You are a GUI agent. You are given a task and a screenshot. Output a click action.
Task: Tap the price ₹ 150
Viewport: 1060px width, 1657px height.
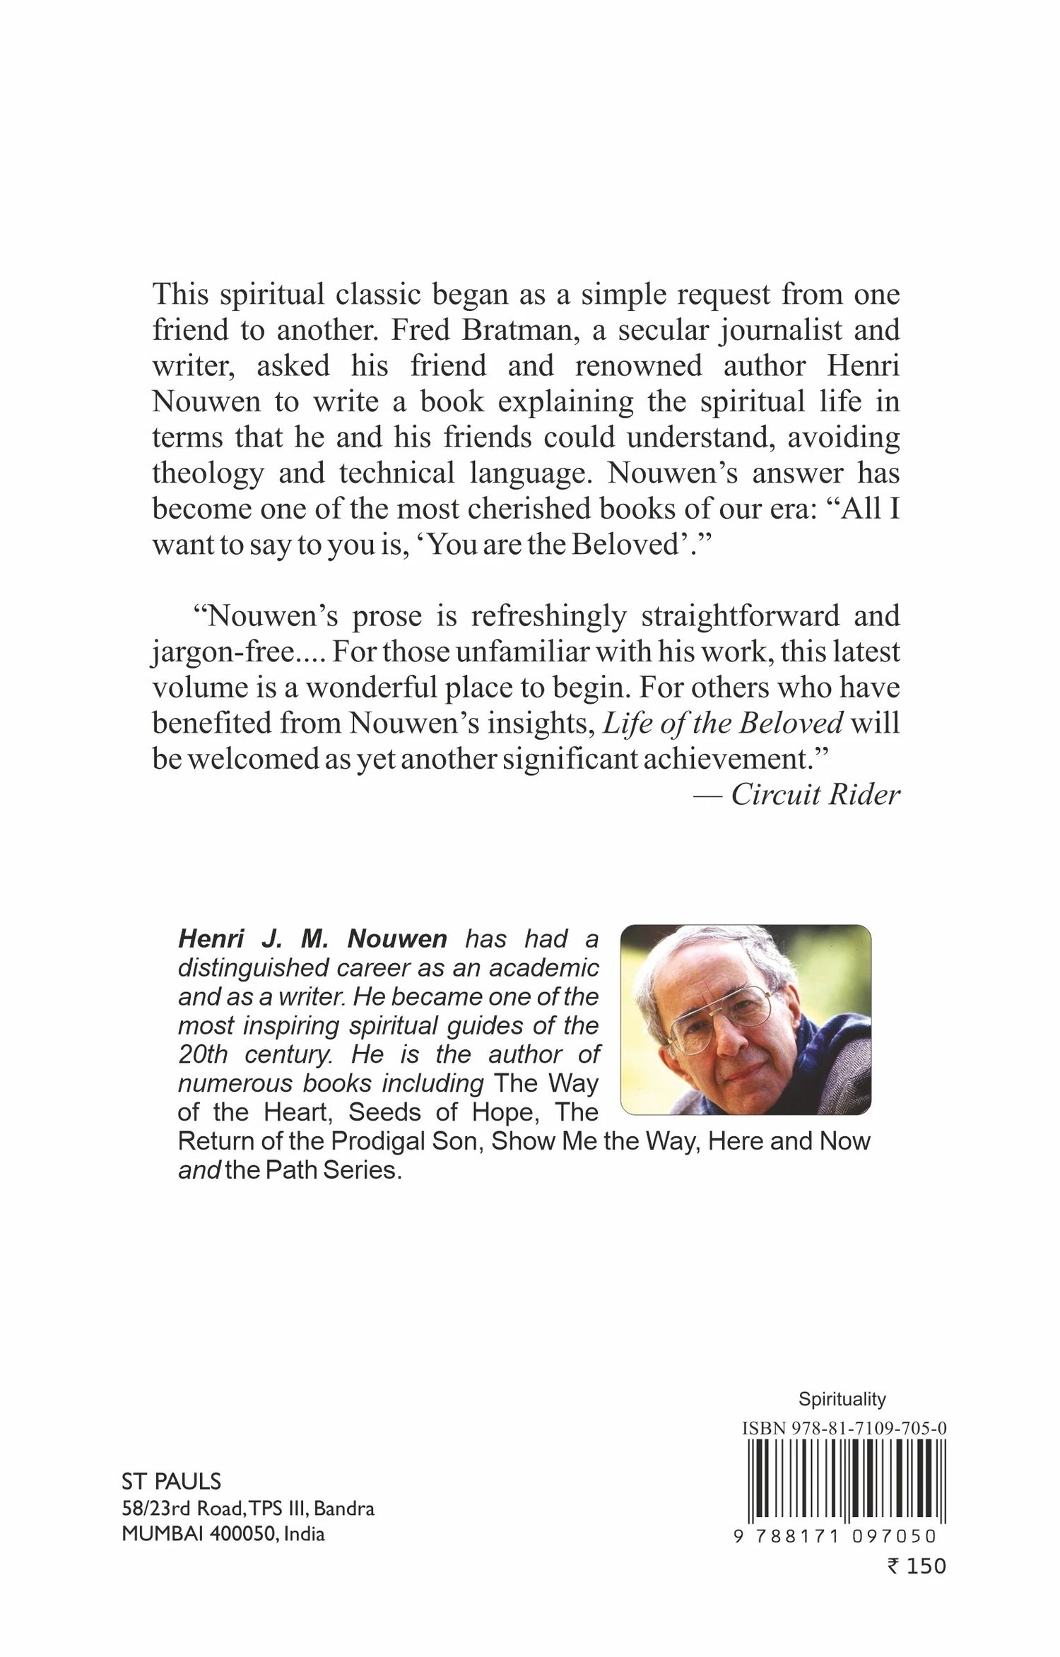(916, 1567)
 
